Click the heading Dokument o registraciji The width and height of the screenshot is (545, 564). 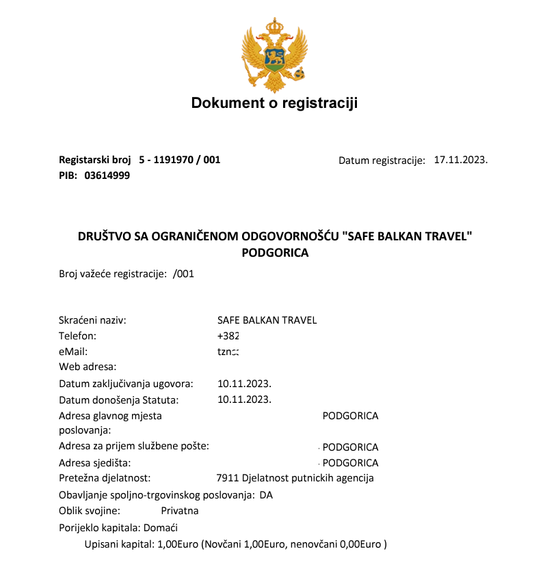pyautogui.click(x=274, y=103)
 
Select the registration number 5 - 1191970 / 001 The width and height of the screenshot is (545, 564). pyautogui.click(x=179, y=160)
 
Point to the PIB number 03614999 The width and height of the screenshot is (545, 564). pyautogui.click(x=107, y=175)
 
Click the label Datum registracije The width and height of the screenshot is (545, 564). pyautogui.click(x=382, y=160)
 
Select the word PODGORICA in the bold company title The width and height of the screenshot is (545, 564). pyautogui.click(x=276, y=253)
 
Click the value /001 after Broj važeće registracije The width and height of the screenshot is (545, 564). pyautogui.click(x=184, y=274)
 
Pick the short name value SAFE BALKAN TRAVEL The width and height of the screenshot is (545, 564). pyautogui.click(x=267, y=320)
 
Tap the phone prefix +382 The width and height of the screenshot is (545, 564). pyautogui.click(x=228, y=336)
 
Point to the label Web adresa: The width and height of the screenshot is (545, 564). pyautogui.click(x=88, y=367)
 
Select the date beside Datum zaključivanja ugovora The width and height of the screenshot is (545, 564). pyautogui.click(x=244, y=384)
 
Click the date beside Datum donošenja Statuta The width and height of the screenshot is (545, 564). pyautogui.click(x=244, y=399)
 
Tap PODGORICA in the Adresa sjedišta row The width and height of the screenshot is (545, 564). pyautogui.click(x=350, y=463)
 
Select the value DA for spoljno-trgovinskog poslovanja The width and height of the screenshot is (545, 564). pyautogui.click(x=266, y=495)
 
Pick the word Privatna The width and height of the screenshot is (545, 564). pyautogui.click(x=180, y=511)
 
